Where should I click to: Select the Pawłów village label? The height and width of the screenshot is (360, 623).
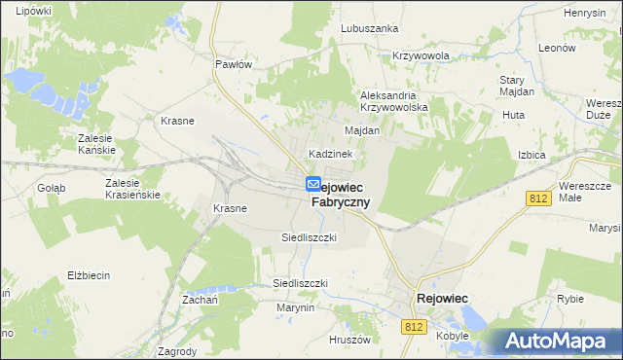234,64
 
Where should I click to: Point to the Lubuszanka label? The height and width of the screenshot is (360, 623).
370,28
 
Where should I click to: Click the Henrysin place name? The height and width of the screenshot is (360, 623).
585,13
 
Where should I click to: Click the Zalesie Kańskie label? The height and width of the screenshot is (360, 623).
97,144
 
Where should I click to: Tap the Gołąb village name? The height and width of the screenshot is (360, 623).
51,188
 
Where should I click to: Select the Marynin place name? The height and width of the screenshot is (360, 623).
295,307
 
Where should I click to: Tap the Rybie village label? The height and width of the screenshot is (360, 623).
569,299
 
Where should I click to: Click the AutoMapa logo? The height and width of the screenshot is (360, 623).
555,342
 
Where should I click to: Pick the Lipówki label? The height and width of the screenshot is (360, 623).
33,10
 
